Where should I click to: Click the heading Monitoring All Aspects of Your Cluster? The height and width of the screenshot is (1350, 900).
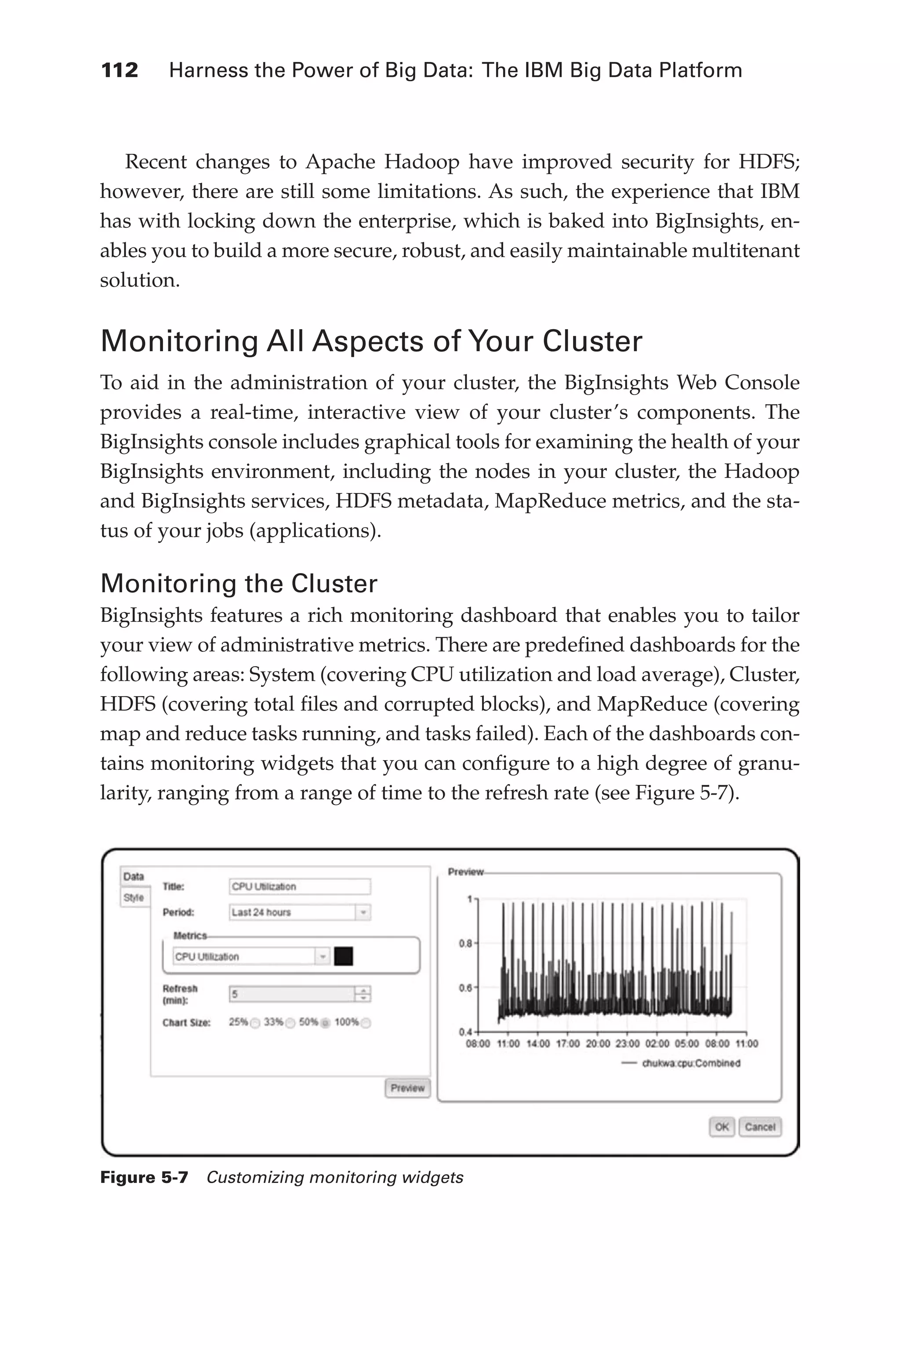[x=371, y=341]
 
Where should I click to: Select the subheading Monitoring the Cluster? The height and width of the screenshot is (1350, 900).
[x=239, y=583]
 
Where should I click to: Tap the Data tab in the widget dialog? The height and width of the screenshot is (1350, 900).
[x=134, y=876]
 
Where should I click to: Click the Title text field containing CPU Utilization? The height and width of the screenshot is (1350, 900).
[x=299, y=887]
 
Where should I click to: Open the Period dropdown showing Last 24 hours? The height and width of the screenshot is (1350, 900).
[x=299, y=912]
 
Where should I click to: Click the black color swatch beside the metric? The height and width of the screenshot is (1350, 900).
[x=343, y=956]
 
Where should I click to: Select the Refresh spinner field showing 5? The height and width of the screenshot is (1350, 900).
[x=299, y=994]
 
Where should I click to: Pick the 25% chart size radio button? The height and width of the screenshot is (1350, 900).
[x=255, y=1023]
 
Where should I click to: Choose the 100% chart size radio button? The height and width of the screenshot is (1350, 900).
[x=366, y=1023]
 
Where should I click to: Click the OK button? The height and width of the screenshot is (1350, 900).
[x=722, y=1127]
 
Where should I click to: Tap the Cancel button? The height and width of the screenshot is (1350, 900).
[x=760, y=1127]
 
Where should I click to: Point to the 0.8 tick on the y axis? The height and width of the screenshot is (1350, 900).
[x=465, y=943]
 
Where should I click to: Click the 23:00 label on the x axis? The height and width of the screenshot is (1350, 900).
[x=628, y=1044]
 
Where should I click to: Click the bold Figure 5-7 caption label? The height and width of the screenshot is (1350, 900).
[x=144, y=1177]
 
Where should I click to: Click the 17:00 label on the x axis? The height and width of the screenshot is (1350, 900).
[x=568, y=1044]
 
